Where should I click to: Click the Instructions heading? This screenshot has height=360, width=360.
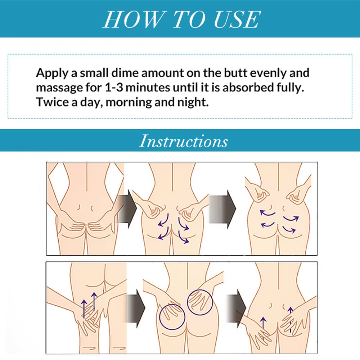coord(184,141)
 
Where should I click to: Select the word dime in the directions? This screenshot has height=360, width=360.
coord(121,73)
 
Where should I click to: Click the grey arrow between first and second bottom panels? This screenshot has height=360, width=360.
coord(136,308)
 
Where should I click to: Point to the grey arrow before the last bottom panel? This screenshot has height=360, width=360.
coord(236,308)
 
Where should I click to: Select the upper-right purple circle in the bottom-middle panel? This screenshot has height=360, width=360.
coord(200,302)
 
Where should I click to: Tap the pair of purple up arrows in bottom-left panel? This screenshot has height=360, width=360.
coord(88,304)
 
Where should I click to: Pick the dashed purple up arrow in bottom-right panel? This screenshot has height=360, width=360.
coord(290,319)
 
